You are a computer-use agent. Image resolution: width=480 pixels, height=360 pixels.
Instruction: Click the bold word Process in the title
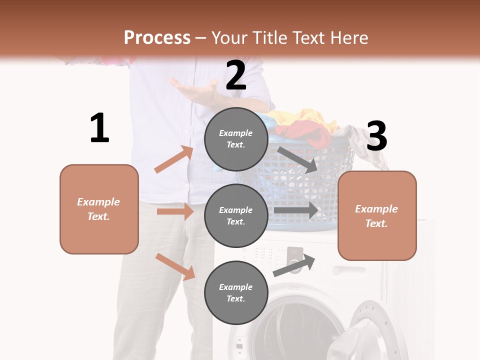click(x=157, y=37)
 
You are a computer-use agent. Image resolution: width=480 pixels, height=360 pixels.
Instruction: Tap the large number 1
click(x=99, y=128)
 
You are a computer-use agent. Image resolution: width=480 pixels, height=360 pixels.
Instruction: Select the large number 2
click(x=235, y=75)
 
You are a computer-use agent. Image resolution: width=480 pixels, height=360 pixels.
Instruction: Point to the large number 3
click(x=376, y=136)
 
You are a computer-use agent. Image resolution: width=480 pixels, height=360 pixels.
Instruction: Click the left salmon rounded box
click(x=99, y=209)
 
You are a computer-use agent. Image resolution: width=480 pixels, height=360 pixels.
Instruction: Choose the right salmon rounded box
click(x=377, y=215)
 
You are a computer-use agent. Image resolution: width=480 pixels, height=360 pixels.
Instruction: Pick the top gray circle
click(x=236, y=139)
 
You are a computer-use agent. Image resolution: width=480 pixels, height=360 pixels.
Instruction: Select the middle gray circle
click(x=236, y=215)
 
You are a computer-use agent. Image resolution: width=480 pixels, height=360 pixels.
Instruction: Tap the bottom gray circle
click(x=236, y=292)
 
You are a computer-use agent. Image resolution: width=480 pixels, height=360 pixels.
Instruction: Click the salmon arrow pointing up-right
click(x=174, y=159)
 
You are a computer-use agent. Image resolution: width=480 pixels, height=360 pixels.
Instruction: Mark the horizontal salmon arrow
click(x=175, y=211)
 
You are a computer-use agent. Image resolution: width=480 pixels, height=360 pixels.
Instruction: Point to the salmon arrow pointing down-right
click(x=175, y=266)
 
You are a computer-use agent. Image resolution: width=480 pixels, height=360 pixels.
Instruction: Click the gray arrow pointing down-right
click(x=298, y=159)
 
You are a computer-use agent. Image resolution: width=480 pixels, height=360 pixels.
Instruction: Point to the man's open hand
click(x=192, y=90)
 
